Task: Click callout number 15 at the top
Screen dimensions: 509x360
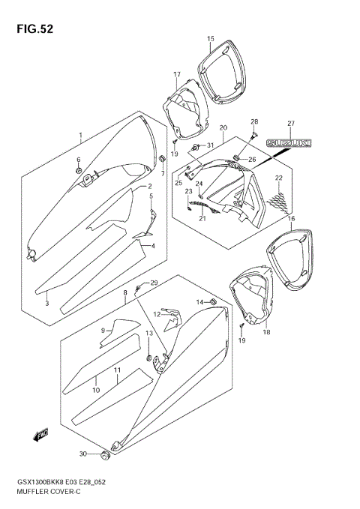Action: click(x=211, y=38)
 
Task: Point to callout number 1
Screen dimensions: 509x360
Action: click(x=79, y=136)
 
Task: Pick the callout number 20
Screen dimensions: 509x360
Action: click(x=223, y=128)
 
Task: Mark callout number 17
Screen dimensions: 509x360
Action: click(x=178, y=74)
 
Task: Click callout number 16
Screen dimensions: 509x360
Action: click(x=291, y=218)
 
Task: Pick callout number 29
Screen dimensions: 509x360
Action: click(x=154, y=283)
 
